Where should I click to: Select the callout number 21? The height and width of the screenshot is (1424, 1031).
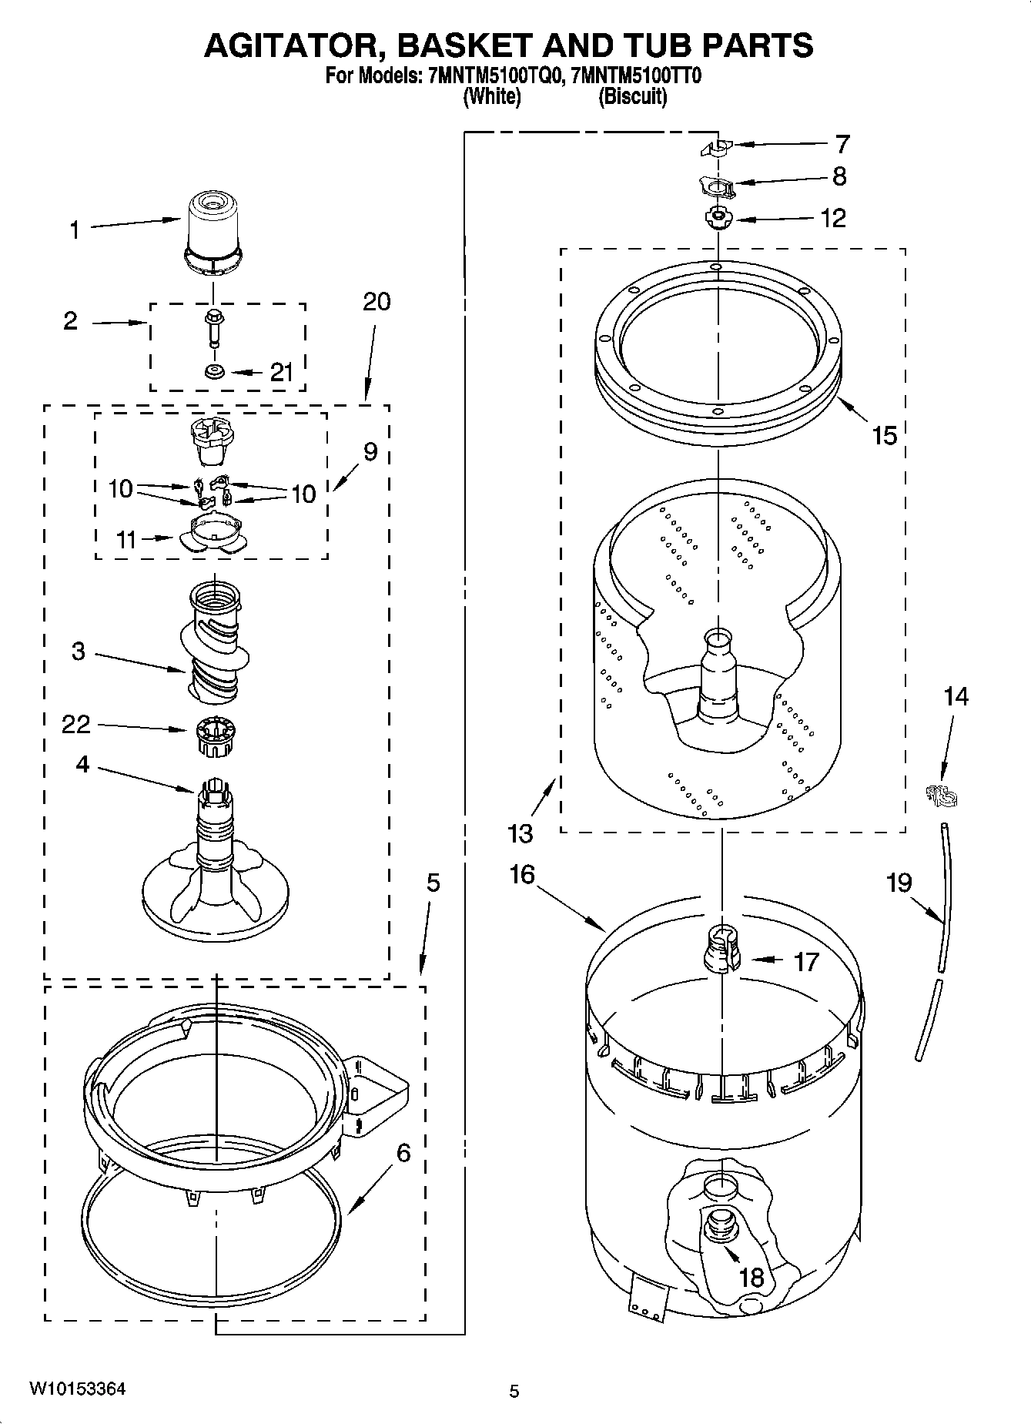coord(282,373)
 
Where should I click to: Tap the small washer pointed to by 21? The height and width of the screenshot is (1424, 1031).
coord(213,373)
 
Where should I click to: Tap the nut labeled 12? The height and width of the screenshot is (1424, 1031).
coord(718,219)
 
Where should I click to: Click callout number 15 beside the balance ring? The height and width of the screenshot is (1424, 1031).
coord(885,436)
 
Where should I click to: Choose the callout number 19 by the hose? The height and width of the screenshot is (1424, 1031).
coord(899,882)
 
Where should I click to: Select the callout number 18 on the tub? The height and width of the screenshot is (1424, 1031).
coord(751,1278)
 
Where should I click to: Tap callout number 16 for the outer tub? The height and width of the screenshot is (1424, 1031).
coord(522,874)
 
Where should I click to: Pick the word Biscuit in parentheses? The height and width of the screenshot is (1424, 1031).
coord(632,97)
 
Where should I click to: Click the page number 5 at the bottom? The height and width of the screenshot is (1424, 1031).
coord(514,1391)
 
